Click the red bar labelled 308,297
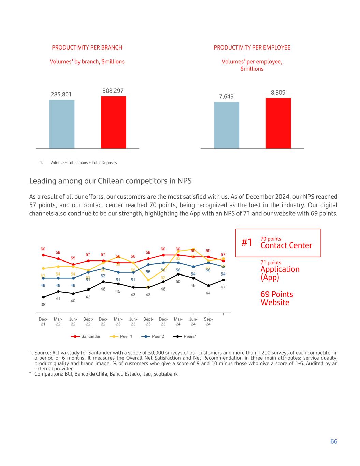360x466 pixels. (113, 122)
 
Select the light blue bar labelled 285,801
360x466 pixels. (62, 124)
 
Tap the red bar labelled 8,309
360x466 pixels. (278, 123)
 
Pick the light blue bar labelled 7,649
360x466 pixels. (226, 125)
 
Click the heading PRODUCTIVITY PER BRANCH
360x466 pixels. (87, 47)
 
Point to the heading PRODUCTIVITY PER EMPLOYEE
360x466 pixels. (252, 47)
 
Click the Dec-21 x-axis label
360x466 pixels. (43, 322)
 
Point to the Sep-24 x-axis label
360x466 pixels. (208, 322)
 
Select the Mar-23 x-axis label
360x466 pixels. (118, 322)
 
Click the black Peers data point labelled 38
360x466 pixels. (43, 297)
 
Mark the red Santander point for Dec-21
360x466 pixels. (43, 255)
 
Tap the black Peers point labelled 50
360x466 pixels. (178, 274)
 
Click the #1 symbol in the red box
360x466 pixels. (247, 243)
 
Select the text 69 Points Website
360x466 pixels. (277, 298)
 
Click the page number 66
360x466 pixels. (334, 441)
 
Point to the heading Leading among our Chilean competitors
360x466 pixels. (111, 181)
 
